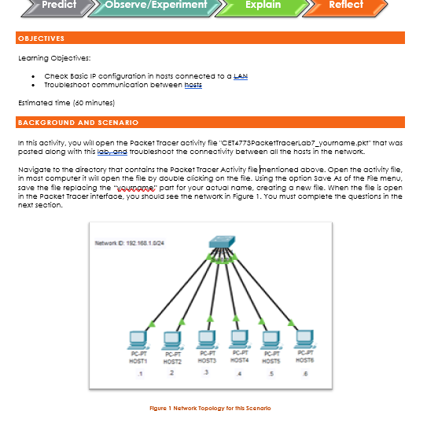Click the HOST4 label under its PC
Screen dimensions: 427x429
(239, 361)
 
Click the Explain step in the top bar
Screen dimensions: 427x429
(263, 5)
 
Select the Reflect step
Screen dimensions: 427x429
(346, 5)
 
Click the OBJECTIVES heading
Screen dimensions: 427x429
(42, 38)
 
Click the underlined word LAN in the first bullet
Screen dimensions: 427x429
(241, 75)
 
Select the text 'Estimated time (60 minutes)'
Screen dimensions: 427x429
(67, 103)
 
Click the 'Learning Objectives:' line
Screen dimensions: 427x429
(53, 57)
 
